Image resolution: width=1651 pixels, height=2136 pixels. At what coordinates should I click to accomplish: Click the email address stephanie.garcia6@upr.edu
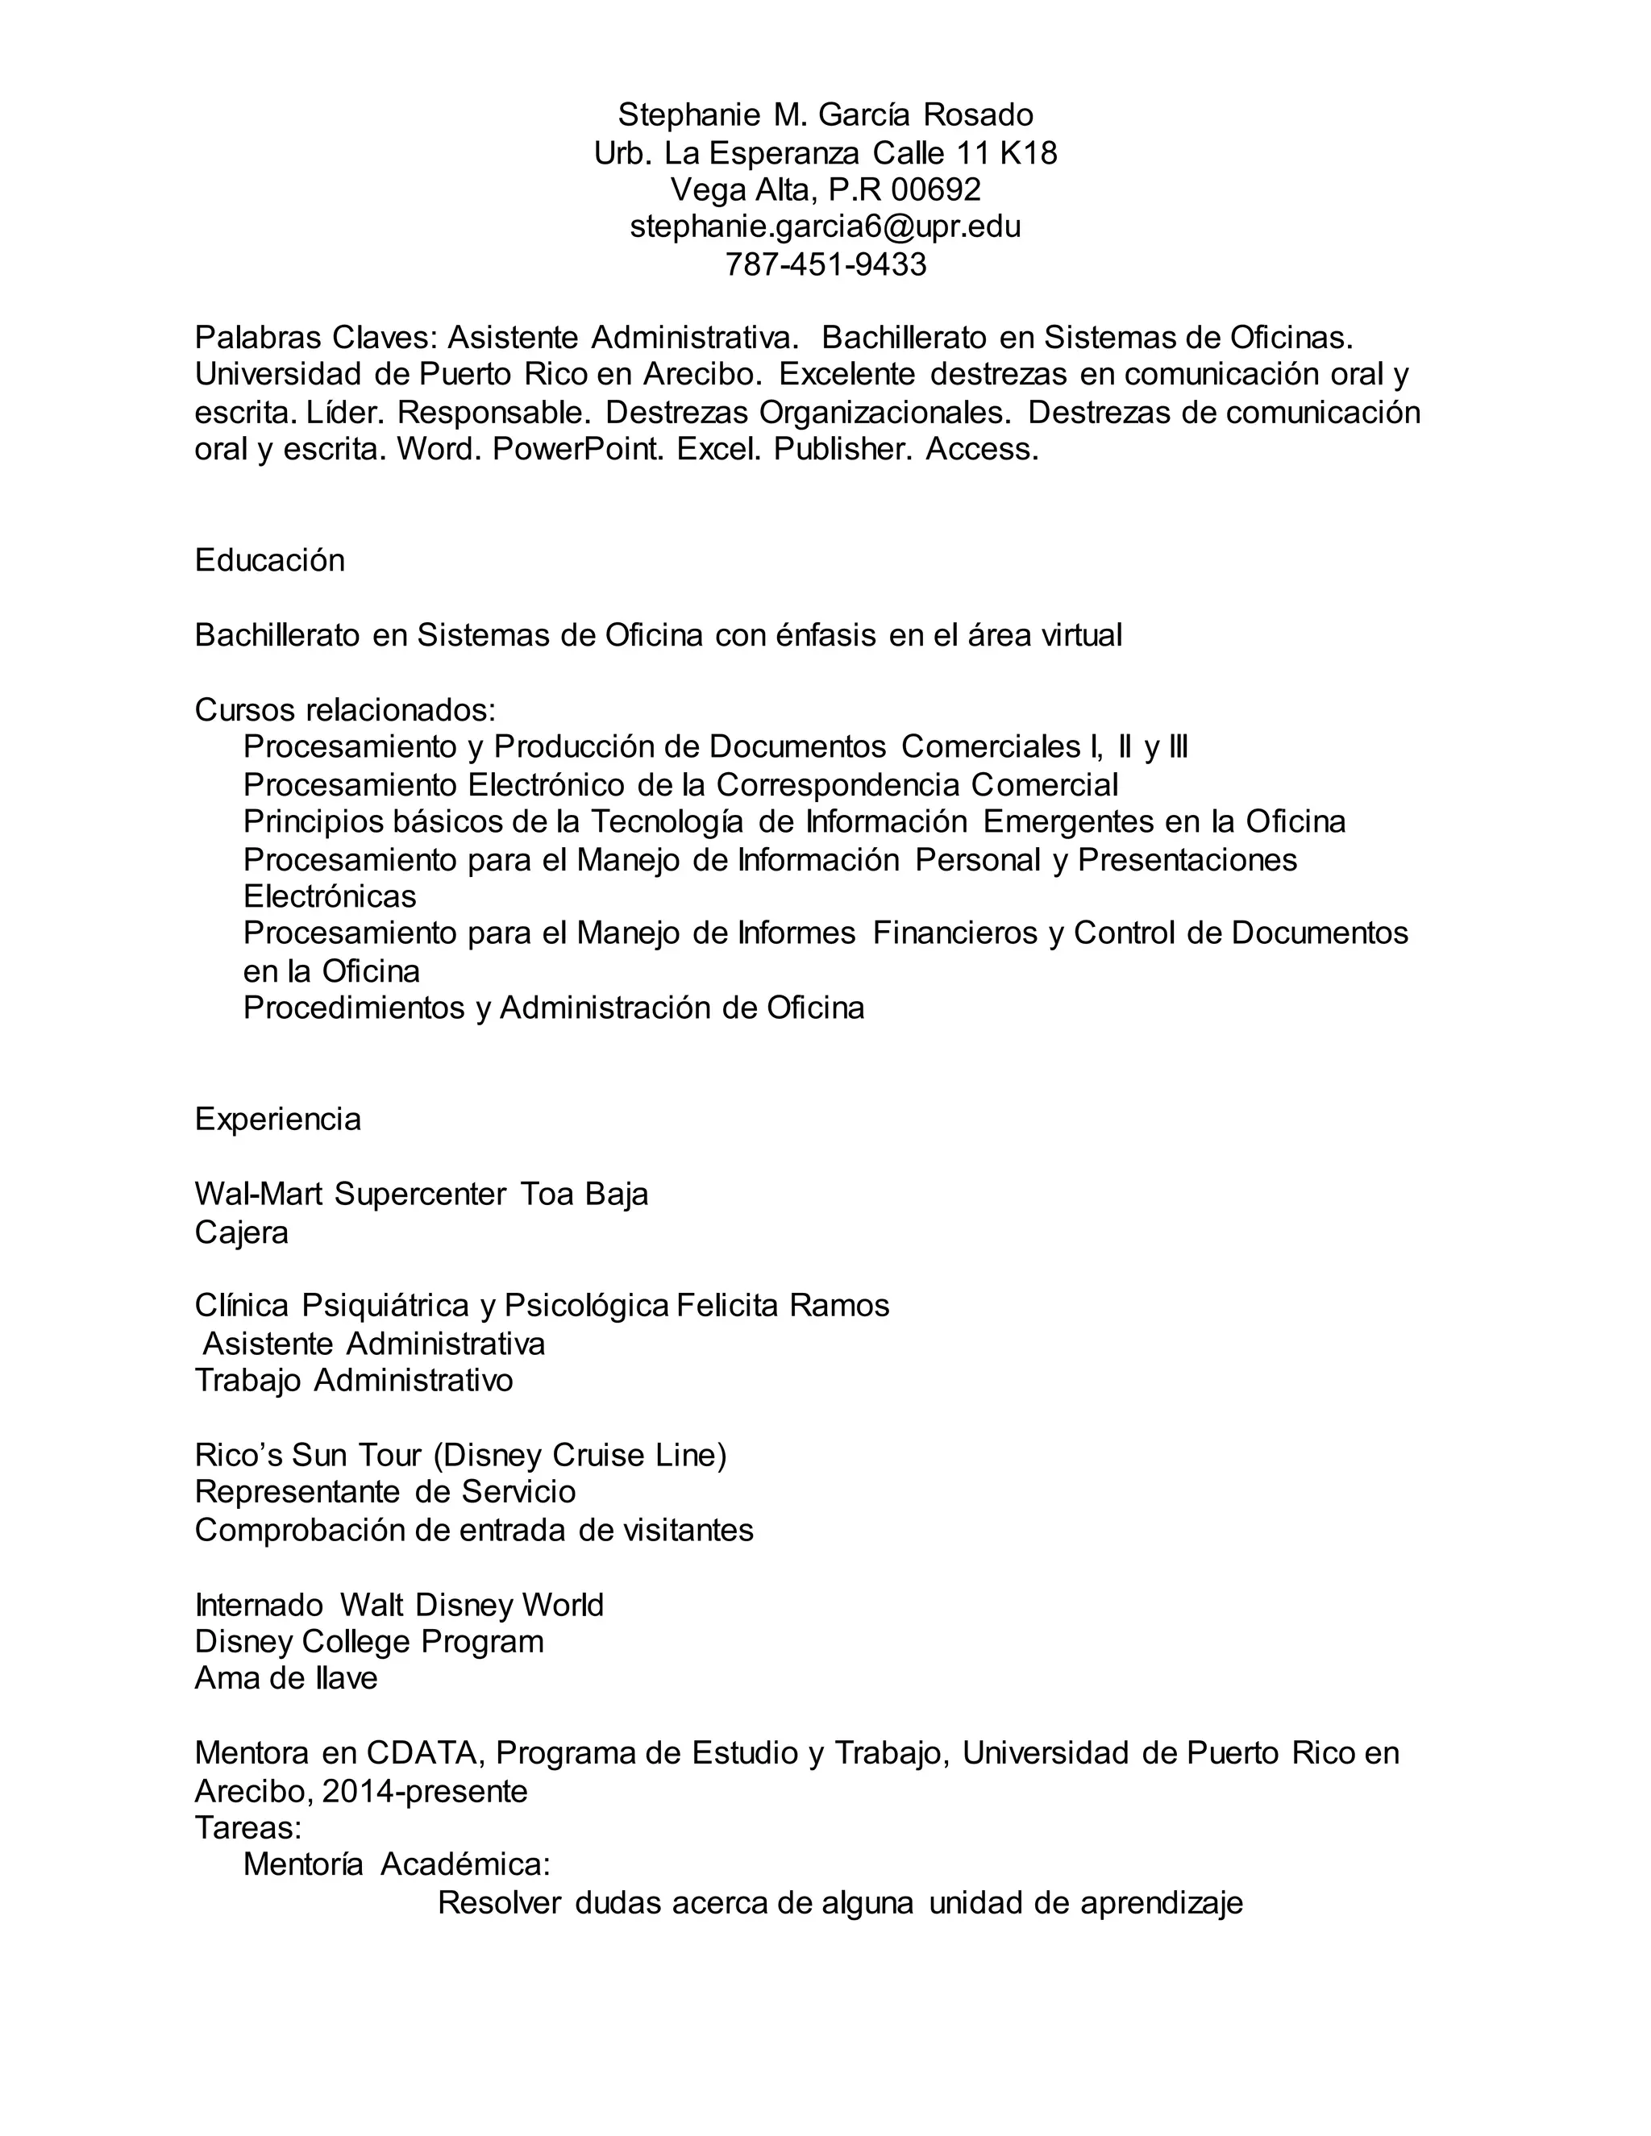coord(825,227)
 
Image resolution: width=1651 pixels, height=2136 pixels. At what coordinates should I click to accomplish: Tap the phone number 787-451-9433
coord(825,264)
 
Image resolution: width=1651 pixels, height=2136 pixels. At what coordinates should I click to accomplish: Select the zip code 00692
coord(936,189)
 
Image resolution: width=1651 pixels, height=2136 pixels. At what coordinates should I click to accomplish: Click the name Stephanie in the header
coord(688,115)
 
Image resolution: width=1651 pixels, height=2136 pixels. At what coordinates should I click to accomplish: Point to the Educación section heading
coord(270,560)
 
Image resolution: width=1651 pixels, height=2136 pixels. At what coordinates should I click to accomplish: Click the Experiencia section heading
coord(278,1119)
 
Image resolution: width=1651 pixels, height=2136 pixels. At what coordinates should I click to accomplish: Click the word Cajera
coord(242,1232)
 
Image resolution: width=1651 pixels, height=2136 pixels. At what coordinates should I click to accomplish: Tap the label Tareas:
coord(248,1827)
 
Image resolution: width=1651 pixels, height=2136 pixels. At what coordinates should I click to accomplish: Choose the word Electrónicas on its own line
coord(330,897)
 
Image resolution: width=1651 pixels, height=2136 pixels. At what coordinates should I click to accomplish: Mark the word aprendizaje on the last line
coord(1161,1903)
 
